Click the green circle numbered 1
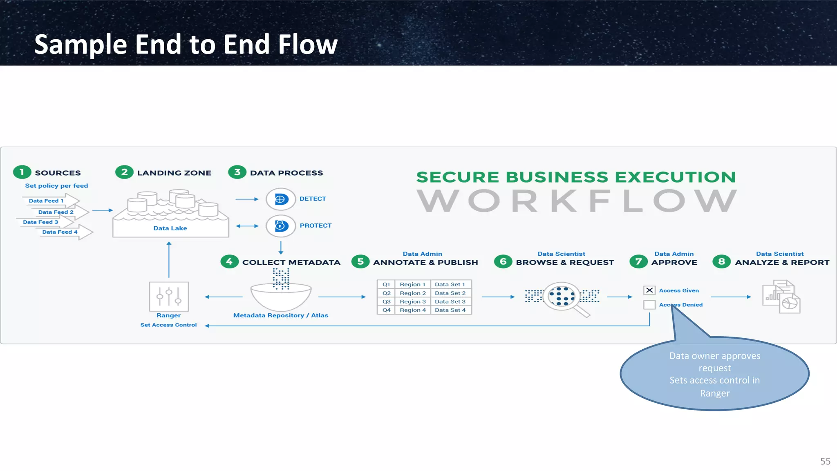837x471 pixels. pos(22,172)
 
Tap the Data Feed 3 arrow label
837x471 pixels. pos(40,222)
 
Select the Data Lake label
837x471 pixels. pos(170,228)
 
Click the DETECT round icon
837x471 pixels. pos(280,199)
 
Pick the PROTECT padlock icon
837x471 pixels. pos(280,225)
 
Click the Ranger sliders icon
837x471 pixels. pos(169,296)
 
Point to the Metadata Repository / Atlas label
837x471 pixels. pos(280,315)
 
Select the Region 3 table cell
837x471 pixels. pos(412,301)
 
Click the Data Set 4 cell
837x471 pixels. pos(450,310)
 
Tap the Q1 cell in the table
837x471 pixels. pos(386,284)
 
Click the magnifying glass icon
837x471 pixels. pos(562,297)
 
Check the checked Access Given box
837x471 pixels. pos(649,290)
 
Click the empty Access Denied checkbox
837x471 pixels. pos(649,305)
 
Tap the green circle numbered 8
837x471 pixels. pos(721,261)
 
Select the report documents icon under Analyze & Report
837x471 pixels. pos(781,297)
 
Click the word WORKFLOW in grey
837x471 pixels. pos(577,201)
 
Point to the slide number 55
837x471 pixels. pos(825,461)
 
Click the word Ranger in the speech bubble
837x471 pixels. pos(714,393)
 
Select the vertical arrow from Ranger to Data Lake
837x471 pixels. pos(169,259)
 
